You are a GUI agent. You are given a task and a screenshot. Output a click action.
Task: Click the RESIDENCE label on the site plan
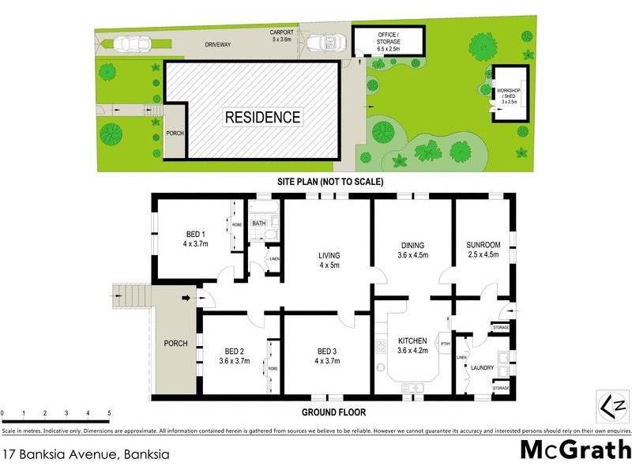pyautogui.click(x=263, y=118)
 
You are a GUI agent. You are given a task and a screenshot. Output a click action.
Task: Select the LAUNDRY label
pyautogui.click(x=482, y=368)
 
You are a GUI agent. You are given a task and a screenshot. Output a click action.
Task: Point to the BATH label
pyautogui.click(x=259, y=224)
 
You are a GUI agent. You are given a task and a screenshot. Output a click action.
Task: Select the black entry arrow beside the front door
pyautogui.click(x=186, y=298)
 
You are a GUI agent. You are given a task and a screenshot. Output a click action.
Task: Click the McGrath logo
pyautogui.click(x=576, y=450)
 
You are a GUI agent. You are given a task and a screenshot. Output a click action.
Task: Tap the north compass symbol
pyautogui.click(x=613, y=406)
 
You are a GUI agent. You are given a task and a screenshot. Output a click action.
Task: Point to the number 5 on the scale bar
pyautogui.click(x=109, y=413)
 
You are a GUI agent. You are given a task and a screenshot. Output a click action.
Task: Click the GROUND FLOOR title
pyautogui.click(x=333, y=412)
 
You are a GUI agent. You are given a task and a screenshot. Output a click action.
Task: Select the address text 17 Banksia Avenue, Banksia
pyautogui.click(x=86, y=454)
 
